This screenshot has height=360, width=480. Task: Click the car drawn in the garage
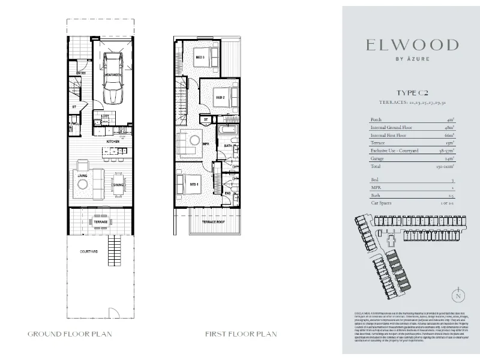click(112, 77)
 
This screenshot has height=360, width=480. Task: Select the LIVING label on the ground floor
click(83, 175)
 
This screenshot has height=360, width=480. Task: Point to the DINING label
click(118, 185)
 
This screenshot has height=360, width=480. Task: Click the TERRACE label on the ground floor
click(100, 223)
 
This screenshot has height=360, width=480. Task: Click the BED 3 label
click(200, 58)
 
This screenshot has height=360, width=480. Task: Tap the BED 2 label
click(220, 97)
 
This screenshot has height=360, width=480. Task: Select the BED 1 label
click(194, 184)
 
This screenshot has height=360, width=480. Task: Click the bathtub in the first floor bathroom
click(229, 130)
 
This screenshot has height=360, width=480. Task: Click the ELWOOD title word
click(413, 45)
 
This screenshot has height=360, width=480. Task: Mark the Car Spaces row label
click(382, 204)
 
